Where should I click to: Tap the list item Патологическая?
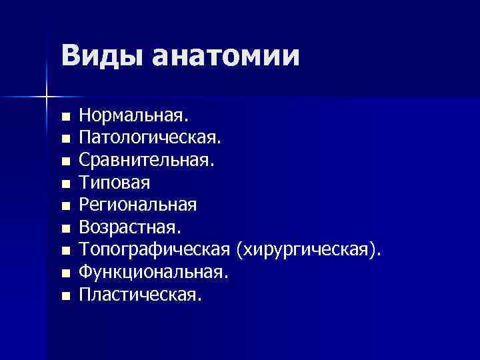tap(150, 139)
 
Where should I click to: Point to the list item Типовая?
tap(114, 182)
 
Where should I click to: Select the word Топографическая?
tap(155, 249)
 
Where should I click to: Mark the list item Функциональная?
tap(154, 272)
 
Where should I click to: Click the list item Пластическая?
tap(139, 294)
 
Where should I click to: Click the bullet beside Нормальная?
tap(65, 117)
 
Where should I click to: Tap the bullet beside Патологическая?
tap(65, 140)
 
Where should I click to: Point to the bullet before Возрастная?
tap(65, 229)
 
